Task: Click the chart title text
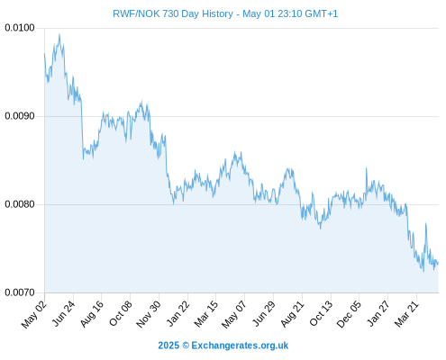[x=225, y=13]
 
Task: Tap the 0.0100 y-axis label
[x=20, y=28]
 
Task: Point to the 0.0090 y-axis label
[x=20, y=116]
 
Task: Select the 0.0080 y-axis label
[x=20, y=204]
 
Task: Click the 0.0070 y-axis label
[x=20, y=292]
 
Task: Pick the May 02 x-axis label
[x=34, y=314]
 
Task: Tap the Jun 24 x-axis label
[x=63, y=313]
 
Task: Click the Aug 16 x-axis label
[x=92, y=313]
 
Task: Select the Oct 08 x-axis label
[x=121, y=313]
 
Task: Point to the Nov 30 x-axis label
[x=149, y=314]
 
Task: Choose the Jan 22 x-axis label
[x=178, y=313]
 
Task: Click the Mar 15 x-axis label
[x=206, y=313]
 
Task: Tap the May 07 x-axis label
[x=234, y=314]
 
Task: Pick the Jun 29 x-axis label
[x=264, y=313]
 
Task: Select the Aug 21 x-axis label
[x=293, y=313]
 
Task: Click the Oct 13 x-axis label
[x=321, y=313]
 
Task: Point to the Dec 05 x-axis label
[x=349, y=314]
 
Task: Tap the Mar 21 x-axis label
[x=406, y=313]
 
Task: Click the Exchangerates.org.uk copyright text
[x=223, y=346]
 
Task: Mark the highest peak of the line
[x=59, y=34]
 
